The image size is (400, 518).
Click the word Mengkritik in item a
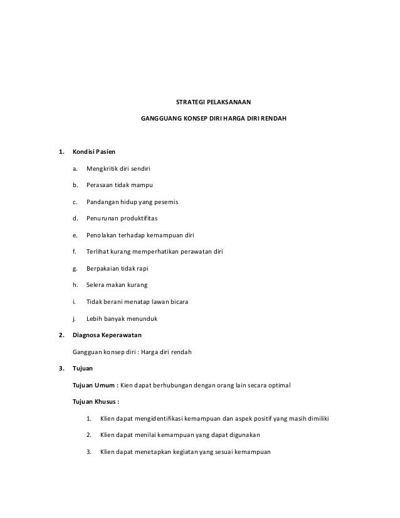click(x=102, y=168)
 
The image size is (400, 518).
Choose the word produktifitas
click(x=138, y=219)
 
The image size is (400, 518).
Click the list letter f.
click(x=75, y=252)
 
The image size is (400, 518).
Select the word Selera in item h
click(x=96, y=286)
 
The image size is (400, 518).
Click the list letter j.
click(x=75, y=319)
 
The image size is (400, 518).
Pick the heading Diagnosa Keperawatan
click(x=107, y=335)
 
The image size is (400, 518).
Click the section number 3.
click(x=60, y=368)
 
